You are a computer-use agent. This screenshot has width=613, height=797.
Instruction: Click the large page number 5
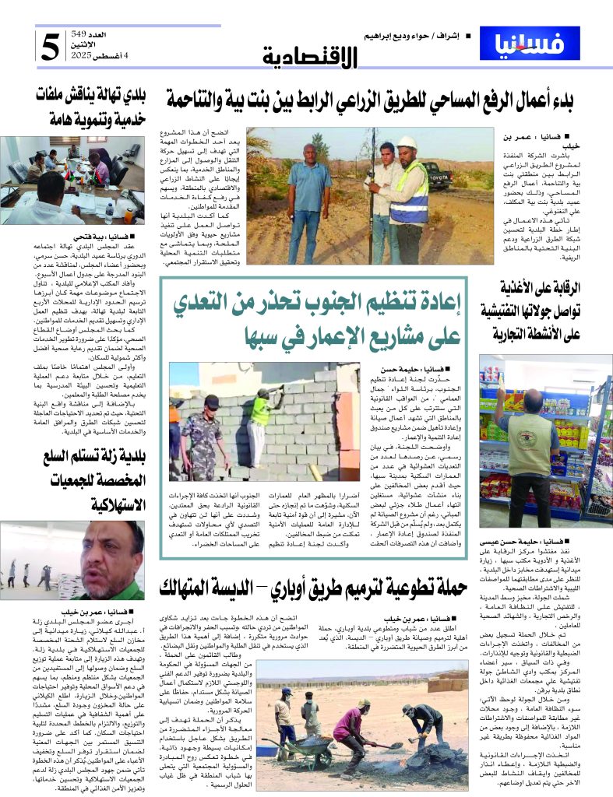(x=51, y=47)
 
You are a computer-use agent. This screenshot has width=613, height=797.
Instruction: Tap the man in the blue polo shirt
(x=309, y=191)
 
